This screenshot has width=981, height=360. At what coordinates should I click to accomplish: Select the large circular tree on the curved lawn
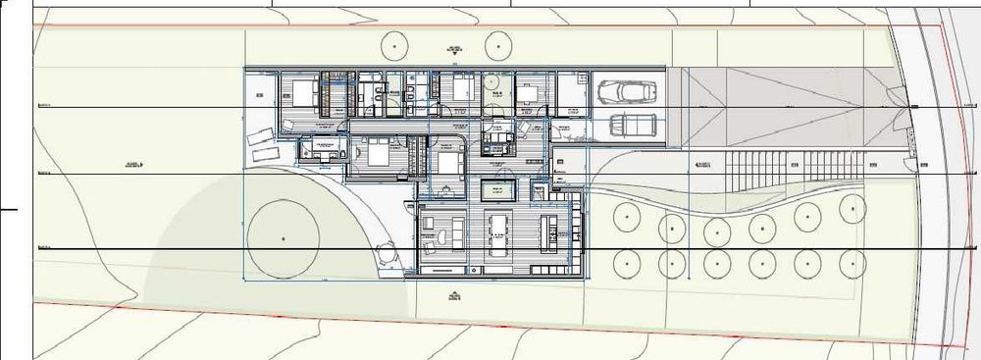coord(283,237)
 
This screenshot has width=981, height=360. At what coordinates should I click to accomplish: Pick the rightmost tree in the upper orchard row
coord(853,209)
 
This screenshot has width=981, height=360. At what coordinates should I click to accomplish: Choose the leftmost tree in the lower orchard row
coord(624,262)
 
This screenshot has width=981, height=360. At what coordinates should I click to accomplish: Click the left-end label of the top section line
coord(43,105)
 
